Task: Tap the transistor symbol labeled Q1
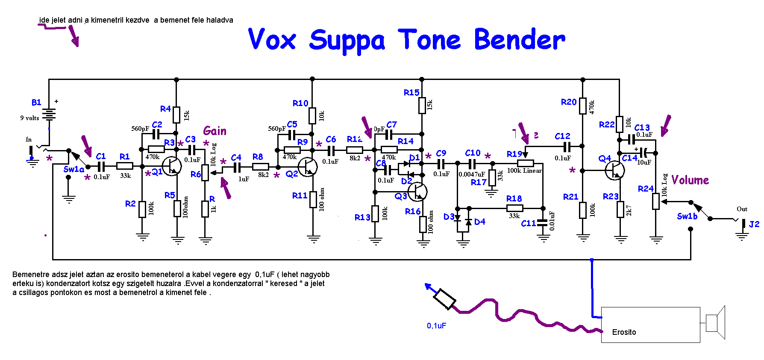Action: pos(172,166)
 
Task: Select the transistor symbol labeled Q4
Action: pos(615,170)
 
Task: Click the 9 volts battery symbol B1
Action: pos(50,114)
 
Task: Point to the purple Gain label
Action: pos(215,131)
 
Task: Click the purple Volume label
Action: pos(690,180)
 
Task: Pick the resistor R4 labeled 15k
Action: pos(176,115)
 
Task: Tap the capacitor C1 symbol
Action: pos(101,167)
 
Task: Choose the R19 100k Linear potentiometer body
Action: pos(525,163)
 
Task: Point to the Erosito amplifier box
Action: pos(650,325)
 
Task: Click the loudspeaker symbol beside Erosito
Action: pos(716,323)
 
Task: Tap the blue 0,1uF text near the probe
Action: pos(436,326)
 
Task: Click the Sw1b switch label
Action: pos(687,216)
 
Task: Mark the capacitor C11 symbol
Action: pos(543,223)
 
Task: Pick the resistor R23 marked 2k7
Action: pos(620,210)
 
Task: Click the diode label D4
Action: pos(479,221)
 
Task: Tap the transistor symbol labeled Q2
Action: pos(308,167)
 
